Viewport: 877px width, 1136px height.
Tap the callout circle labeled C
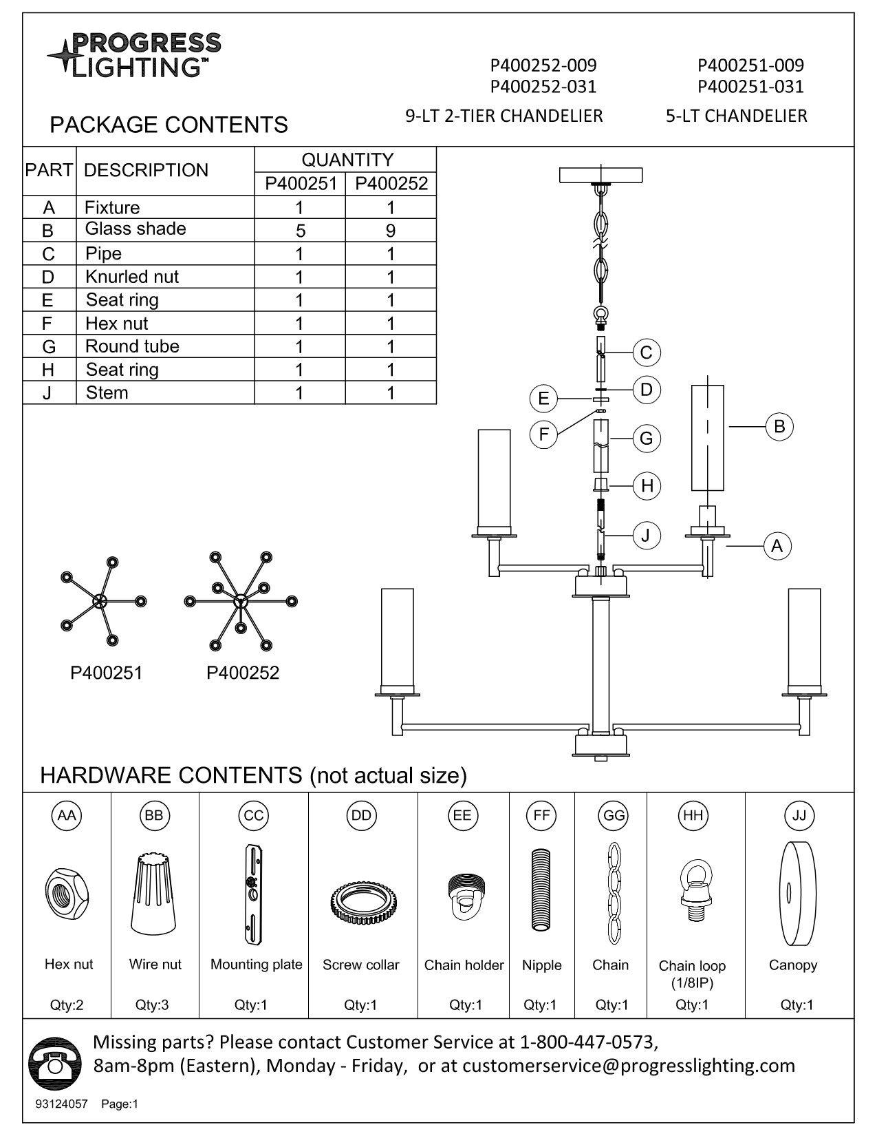pyautogui.click(x=646, y=353)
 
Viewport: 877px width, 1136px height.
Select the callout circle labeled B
pyautogui.click(x=779, y=426)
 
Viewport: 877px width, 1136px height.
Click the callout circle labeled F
pyautogui.click(x=544, y=434)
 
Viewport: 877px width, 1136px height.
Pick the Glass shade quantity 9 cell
pyautogui.click(x=390, y=230)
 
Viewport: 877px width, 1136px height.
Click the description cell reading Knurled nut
pyautogui.click(x=132, y=277)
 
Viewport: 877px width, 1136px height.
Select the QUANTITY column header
pyautogui.click(x=347, y=160)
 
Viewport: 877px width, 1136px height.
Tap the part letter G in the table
pyautogui.click(x=48, y=346)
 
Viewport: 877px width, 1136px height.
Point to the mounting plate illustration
pyautogui.click(x=252, y=895)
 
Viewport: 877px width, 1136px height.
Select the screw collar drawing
pyautogui.click(x=360, y=903)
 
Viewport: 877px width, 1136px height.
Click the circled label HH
pyautogui.click(x=692, y=815)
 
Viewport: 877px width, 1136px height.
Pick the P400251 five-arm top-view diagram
pyautogui.click(x=100, y=601)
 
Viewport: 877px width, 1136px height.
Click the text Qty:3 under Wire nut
pyautogui.click(x=152, y=1004)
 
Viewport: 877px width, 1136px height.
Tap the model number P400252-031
pyautogui.click(x=543, y=87)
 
